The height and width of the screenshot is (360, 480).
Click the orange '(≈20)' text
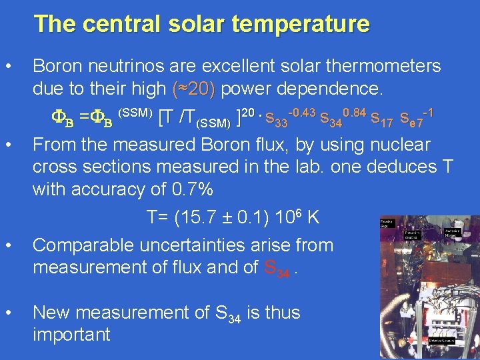click(x=193, y=88)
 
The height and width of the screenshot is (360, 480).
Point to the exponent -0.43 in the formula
click(x=301, y=110)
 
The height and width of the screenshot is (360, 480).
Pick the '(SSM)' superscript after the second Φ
click(x=135, y=111)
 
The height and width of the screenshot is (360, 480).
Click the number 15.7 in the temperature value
click(x=206, y=217)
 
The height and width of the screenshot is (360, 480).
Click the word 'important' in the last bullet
click(x=71, y=334)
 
